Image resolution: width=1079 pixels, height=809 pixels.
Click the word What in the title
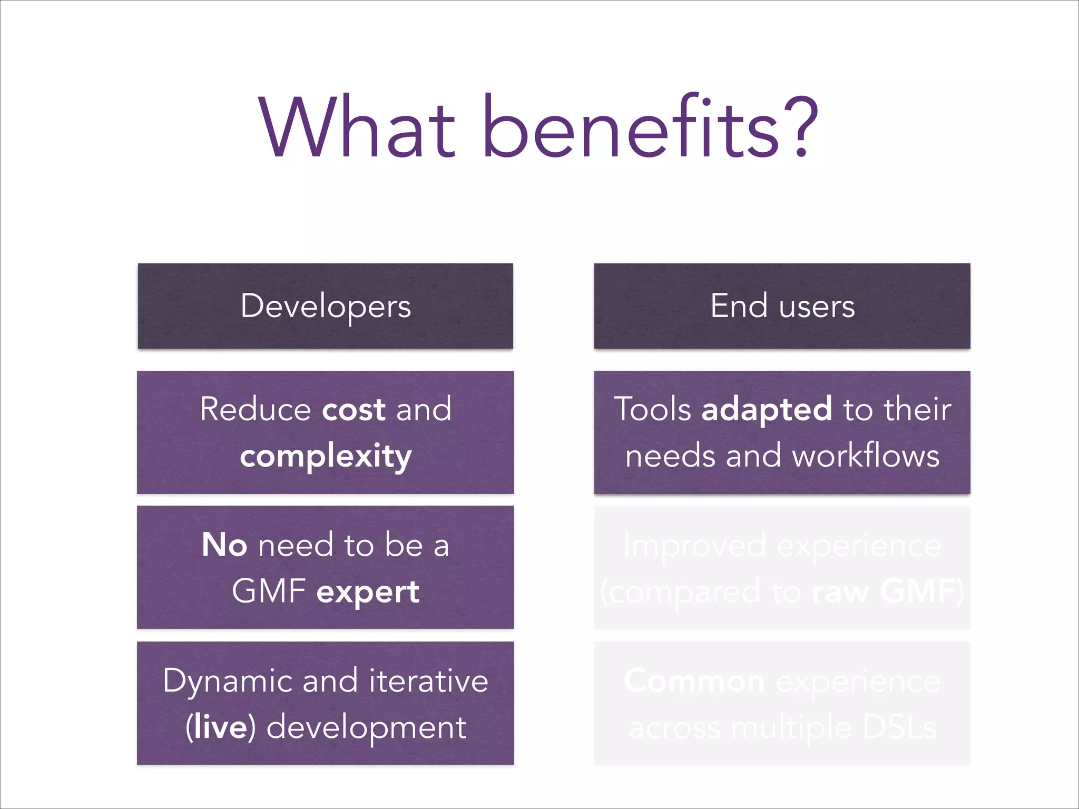(357, 127)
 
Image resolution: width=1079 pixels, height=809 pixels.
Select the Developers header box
(326, 306)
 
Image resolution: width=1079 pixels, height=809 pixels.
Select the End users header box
(782, 306)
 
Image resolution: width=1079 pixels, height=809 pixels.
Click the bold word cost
(354, 409)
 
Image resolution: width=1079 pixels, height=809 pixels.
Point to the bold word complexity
(326, 456)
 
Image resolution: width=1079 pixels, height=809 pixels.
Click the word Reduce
(256, 409)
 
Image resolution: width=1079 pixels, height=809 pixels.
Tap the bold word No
(224, 545)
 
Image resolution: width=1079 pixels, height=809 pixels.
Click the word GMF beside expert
(269, 591)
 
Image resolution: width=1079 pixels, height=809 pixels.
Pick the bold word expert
(368, 592)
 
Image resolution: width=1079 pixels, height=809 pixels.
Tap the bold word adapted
(767, 409)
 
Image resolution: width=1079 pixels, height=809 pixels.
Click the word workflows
(866, 456)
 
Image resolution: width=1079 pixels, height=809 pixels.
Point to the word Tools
(652, 409)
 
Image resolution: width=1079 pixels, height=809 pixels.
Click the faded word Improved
(694, 546)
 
